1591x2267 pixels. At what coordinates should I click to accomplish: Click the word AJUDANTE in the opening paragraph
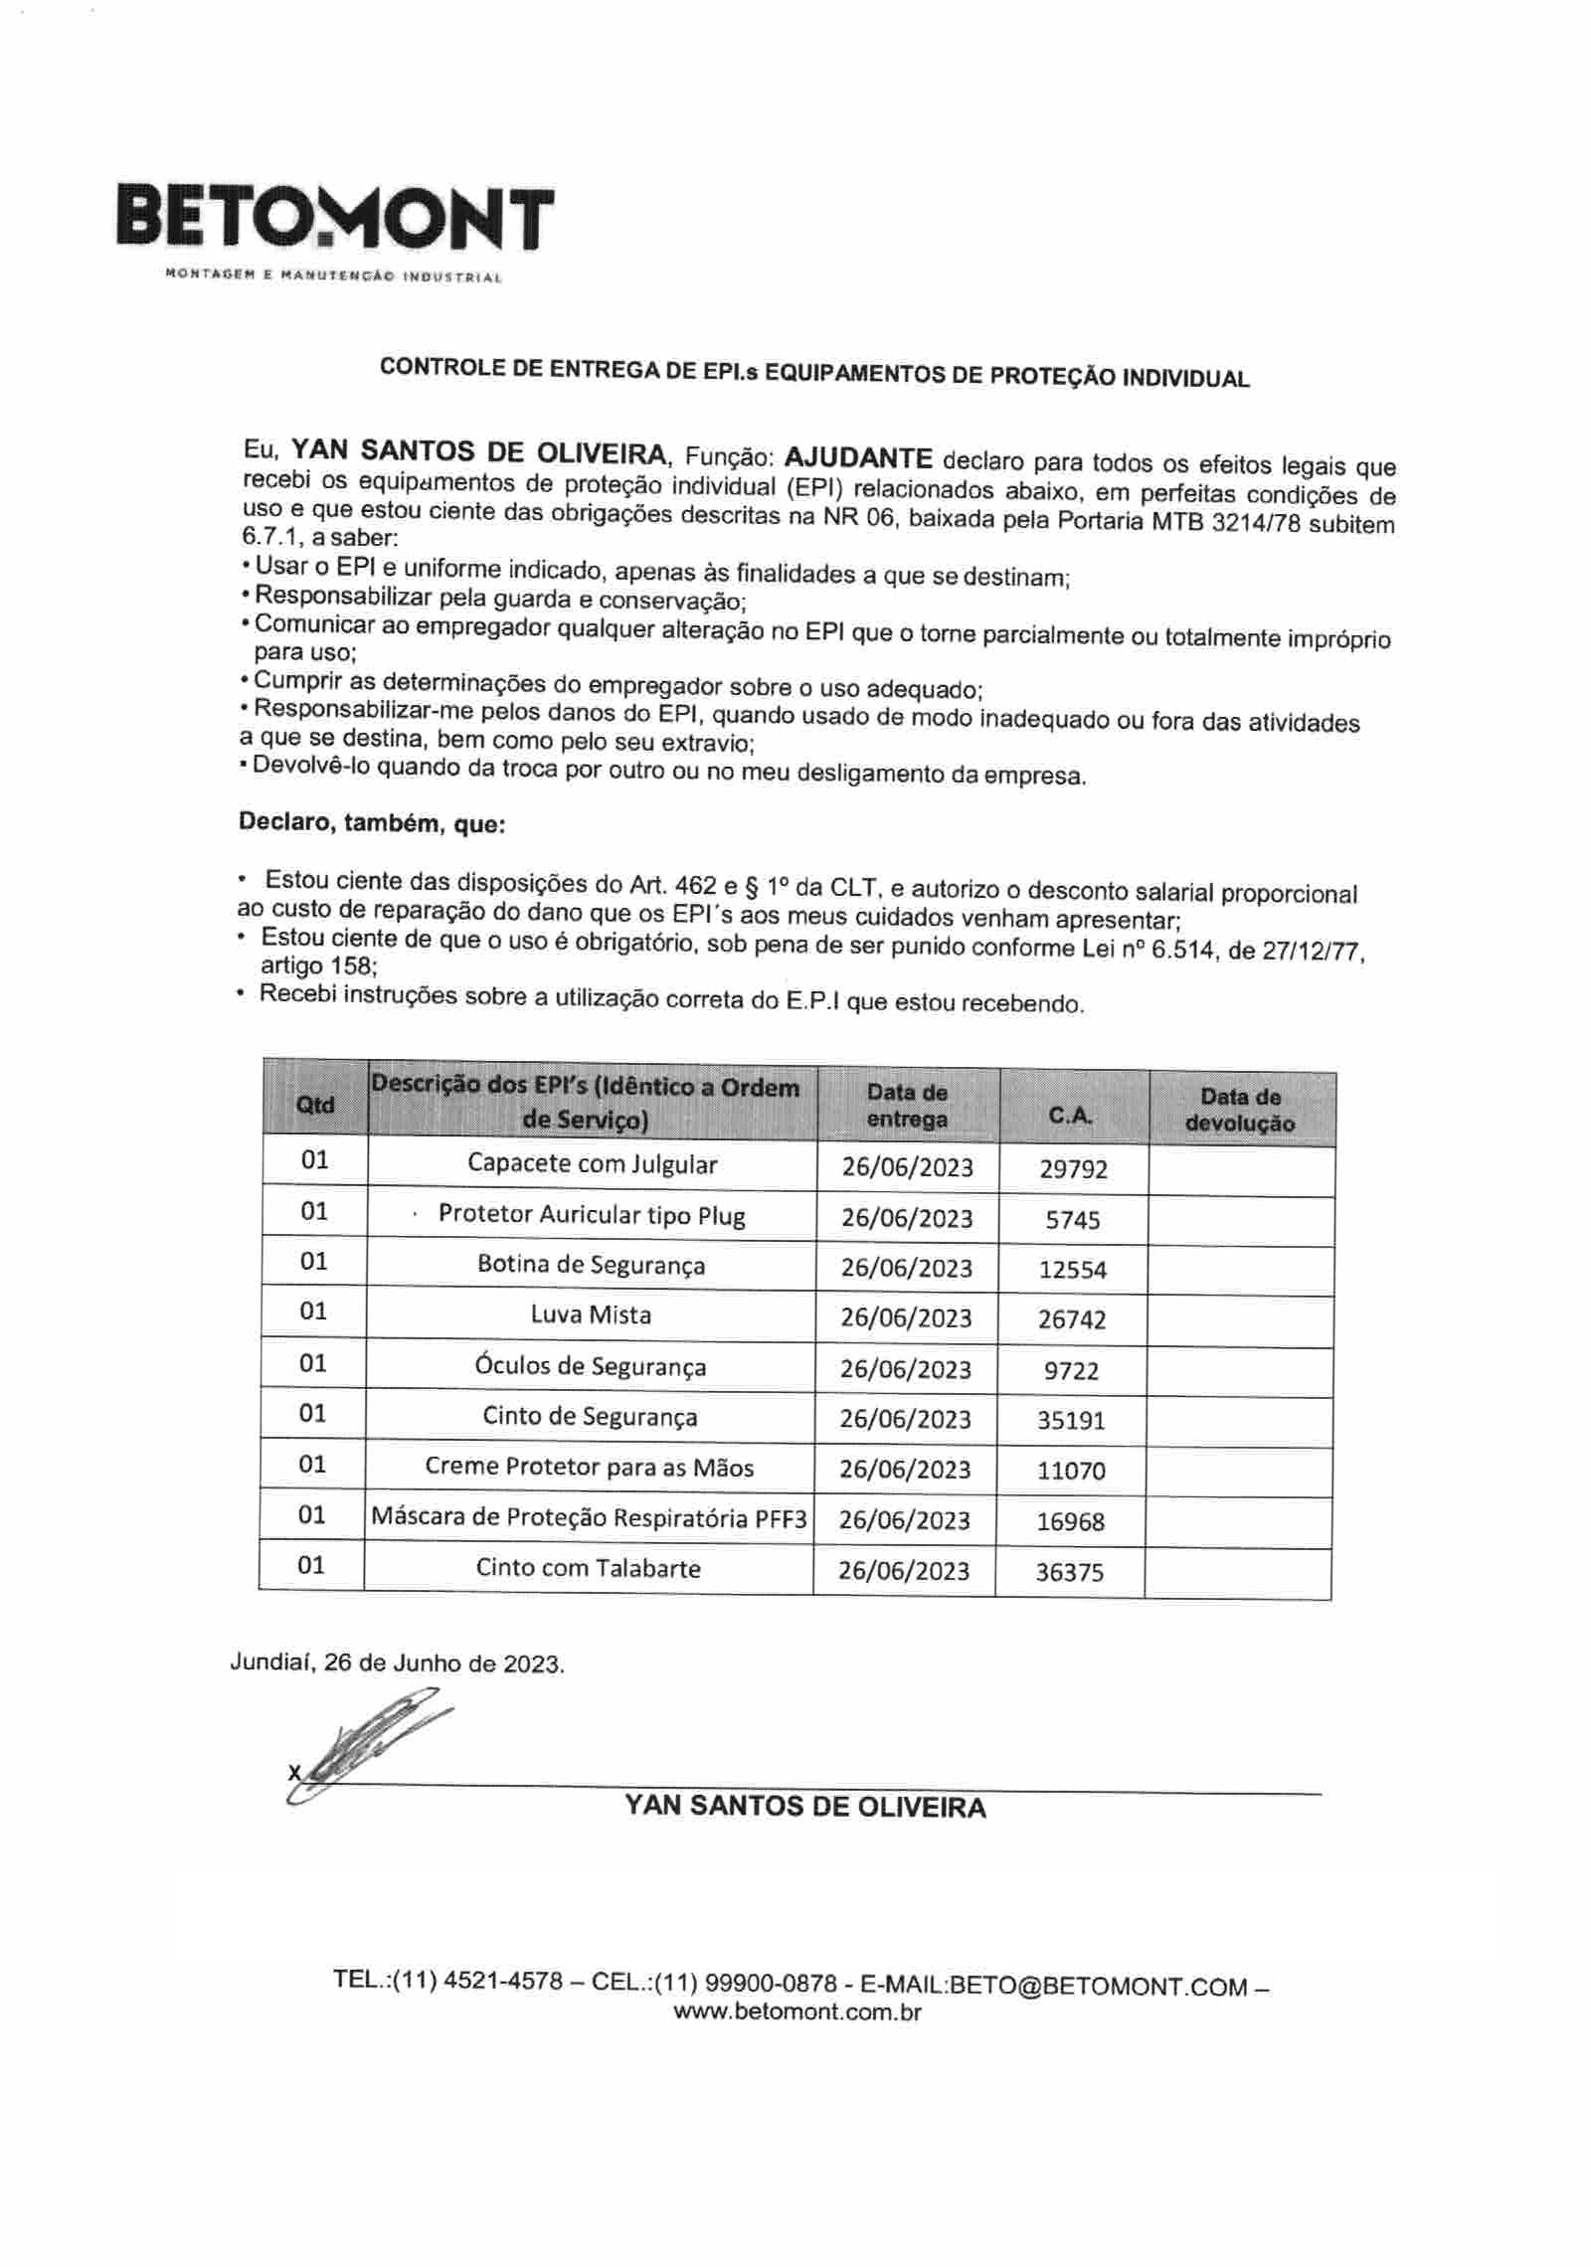(858, 458)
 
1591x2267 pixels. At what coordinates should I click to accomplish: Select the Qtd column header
(315, 1105)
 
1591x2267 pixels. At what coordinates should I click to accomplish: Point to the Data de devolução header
(1240, 1110)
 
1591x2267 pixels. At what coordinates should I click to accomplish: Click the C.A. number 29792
(1073, 1169)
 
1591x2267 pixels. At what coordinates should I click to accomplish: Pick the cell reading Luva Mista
(591, 1314)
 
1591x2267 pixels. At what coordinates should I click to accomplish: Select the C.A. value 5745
(1073, 1220)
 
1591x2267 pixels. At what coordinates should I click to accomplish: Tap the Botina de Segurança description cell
(591, 1265)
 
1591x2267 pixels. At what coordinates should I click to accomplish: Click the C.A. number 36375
(1069, 1572)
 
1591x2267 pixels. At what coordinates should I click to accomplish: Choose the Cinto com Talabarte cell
(588, 1568)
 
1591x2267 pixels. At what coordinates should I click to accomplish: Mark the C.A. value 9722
(1071, 1371)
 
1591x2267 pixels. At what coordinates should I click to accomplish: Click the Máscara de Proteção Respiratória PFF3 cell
(588, 1517)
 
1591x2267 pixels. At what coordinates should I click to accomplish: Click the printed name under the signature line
(804, 1807)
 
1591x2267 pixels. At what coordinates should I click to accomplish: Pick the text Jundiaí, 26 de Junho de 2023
(397, 1662)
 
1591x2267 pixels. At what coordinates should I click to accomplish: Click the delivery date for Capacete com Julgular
(907, 1166)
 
